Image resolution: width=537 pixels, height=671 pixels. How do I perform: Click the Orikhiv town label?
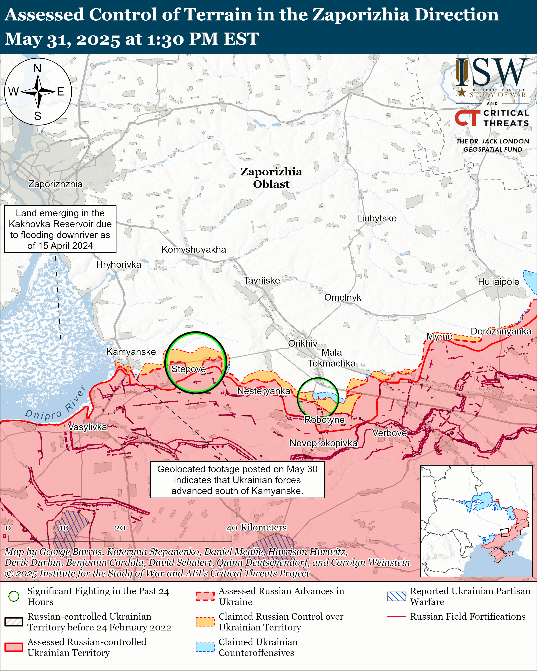[x=303, y=343]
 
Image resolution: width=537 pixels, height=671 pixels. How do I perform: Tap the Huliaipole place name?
[x=498, y=282]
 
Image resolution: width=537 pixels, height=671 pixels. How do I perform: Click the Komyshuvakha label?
[x=194, y=249]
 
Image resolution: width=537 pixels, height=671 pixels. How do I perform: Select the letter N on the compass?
[x=37, y=68]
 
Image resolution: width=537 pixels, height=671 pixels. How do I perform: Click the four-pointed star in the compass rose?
[x=38, y=92]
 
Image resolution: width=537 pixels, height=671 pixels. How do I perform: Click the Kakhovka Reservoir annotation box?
[x=60, y=229]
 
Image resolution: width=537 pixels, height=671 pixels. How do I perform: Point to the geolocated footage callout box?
[x=237, y=480]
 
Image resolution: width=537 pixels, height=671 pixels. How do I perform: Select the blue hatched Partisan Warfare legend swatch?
[x=396, y=596]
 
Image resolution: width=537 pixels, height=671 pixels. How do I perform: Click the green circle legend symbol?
[x=14, y=596]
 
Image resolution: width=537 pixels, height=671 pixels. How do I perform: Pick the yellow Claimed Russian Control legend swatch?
[x=205, y=621]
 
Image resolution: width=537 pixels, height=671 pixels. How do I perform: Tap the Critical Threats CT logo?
[x=467, y=118]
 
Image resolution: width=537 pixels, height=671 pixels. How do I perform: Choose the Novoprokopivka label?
[x=324, y=443]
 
